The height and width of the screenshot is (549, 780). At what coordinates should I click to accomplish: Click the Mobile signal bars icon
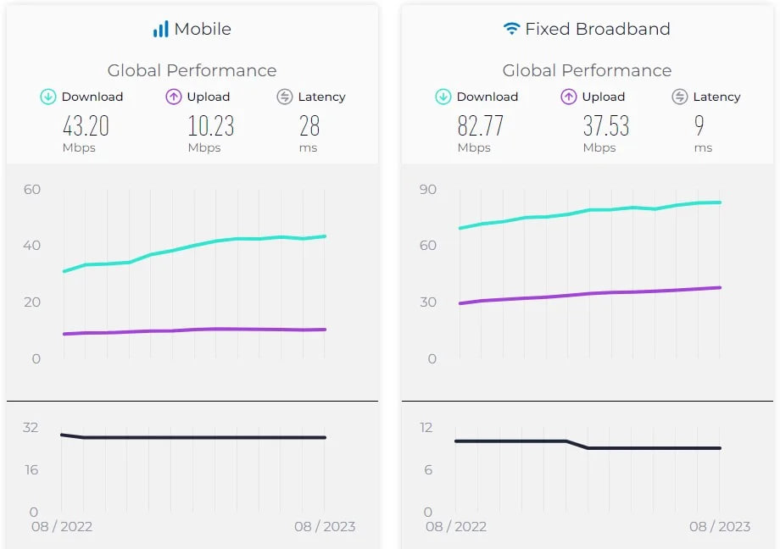[x=160, y=30]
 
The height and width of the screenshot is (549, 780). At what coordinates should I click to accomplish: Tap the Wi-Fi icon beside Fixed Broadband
[x=511, y=29]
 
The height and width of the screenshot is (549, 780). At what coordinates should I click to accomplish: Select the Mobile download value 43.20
[x=86, y=126]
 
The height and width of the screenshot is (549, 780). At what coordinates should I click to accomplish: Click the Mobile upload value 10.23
[x=210, y=126]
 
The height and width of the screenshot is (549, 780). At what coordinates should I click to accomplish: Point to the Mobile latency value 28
[x=309, y=126]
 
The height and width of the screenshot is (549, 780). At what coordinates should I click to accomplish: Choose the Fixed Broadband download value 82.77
[x=481, y=126]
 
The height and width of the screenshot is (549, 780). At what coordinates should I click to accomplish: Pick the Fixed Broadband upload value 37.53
[x=605, y=126]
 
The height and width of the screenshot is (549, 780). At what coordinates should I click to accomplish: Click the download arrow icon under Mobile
[x=48, y=97]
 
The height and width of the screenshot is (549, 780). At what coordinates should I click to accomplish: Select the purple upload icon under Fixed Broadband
[x=569, y=97]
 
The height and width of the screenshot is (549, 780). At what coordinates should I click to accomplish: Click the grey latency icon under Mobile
[x=285, y=97]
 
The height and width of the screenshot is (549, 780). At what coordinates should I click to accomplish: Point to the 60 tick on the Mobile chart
[x=32, y=189]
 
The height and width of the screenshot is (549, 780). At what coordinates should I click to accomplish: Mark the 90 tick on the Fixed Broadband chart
[x=427, y=189]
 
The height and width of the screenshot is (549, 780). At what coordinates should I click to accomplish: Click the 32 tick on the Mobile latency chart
[x=31, y=427]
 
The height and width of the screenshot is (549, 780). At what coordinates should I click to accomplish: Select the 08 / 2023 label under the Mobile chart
[x=325, y=526]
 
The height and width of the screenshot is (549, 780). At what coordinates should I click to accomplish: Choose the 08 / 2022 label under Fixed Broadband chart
[x=456, y=526]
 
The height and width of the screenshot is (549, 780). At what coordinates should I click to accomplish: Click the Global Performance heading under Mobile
[x=192, y=70]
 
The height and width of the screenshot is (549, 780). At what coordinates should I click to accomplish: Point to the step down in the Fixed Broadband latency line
[x=577, y=444]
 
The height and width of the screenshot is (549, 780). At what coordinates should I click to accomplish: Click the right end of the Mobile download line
[x=325, y=236]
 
